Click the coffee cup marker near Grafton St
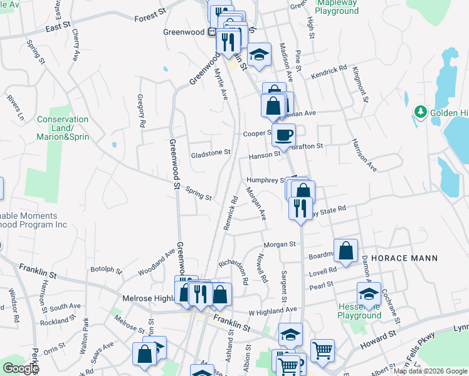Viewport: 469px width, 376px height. click(x=283, y=135)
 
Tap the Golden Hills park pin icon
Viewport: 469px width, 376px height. click(x=420, y=113)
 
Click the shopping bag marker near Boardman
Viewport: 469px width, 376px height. click(x=345, y=251)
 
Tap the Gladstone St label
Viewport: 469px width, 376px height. click(x=211, y=152)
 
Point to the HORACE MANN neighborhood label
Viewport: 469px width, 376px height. click(x=413, y=258)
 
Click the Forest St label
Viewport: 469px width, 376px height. click(x=150, y=11)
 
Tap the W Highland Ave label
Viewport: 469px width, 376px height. click(x=272, y=310)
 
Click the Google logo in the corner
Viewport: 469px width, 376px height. click(x=20, y=368)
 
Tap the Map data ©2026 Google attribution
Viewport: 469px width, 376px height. click(x=430, y=371)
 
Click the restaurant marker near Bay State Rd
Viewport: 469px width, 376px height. click(x=300, y=208)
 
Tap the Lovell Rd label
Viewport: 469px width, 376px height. click(x=323, y=271)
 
